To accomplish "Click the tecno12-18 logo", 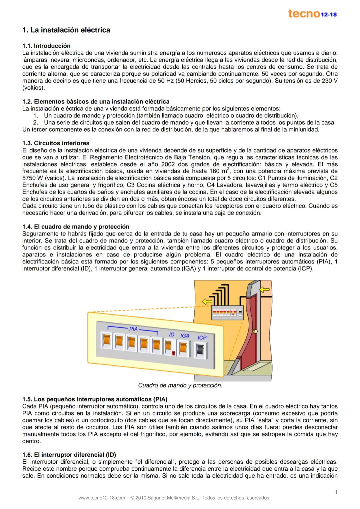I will (312, 14).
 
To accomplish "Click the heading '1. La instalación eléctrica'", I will (66, 30).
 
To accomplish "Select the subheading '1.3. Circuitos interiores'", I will (56, 143).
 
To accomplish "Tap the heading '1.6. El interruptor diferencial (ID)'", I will (69, 455).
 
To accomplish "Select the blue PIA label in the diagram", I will (133, 329).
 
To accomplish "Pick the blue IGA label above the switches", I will (185, 335).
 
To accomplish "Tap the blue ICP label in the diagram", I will (202, 337).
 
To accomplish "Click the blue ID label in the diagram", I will (172, 334).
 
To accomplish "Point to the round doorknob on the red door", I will (255, 331).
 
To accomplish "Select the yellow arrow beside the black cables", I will (207, 301).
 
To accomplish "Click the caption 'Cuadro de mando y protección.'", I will (180, 385).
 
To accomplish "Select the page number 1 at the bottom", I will (336, 492).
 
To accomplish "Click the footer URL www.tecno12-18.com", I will (102, 498).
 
